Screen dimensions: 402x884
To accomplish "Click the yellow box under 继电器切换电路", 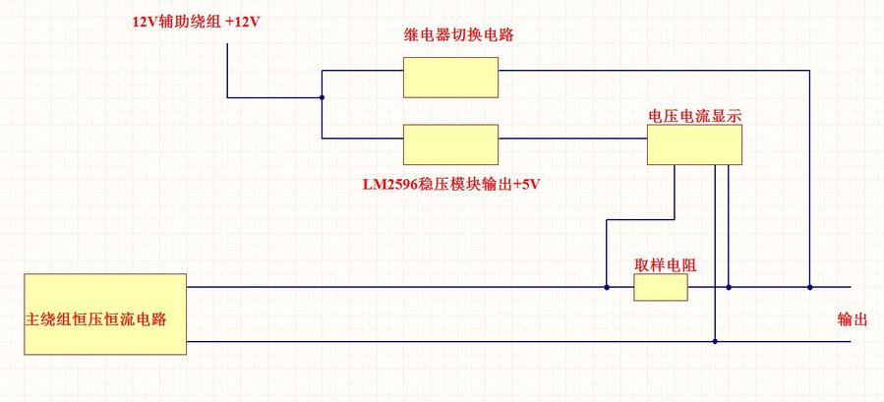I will [450, 77].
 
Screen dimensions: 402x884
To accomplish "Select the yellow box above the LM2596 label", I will [450, 144].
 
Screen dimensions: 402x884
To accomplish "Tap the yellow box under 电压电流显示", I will [693, 144].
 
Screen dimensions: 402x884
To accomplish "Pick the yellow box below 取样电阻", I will [660, 287].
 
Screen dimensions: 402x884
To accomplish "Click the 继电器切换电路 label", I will [457, 35].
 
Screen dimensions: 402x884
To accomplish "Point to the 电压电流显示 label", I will [694, 115].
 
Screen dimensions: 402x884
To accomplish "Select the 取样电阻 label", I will [666, 264].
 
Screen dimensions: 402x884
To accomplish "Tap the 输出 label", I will [853, 319].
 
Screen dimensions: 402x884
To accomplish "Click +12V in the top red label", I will [242, 21].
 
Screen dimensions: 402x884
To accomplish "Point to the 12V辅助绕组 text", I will [176, 21].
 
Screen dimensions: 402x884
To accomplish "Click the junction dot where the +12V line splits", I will [323, 97].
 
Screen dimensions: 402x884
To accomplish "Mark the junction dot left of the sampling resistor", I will [607, 287].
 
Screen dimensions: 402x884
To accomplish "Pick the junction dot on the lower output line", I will [715, 341].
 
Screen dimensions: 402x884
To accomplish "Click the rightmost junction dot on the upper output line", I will [810, 287].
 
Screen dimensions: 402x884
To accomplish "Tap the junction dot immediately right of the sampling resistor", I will [729, 287].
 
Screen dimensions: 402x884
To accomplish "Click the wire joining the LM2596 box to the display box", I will [571, 139].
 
